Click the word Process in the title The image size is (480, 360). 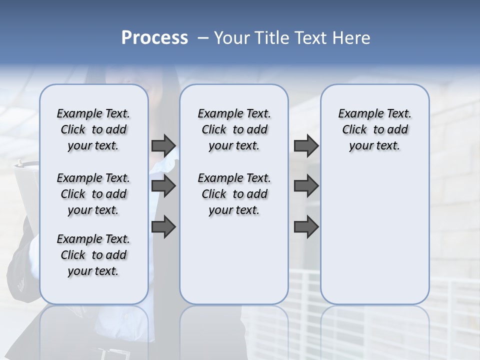(x=154, y=38)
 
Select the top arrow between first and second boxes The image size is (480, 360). (x=163, y=145)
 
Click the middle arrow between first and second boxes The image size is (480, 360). (x=163, y=186)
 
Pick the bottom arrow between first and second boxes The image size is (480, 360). (x=163, y=227)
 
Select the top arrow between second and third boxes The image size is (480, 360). (x=306, y=145)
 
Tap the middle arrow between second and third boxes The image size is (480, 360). (x=306, y=186)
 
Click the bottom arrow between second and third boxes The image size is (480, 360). (x=306, y=227)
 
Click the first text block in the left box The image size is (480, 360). (x=93, y=129)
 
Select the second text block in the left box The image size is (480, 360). (x=93, y=194)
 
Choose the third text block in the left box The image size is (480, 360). (x=93, y=255)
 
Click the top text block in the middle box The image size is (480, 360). (x=234, y=129)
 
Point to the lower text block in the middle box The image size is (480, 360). (x=234, y=194)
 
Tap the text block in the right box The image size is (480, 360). (x=374, y=129)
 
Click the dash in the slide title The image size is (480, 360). (x=203, y=38)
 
